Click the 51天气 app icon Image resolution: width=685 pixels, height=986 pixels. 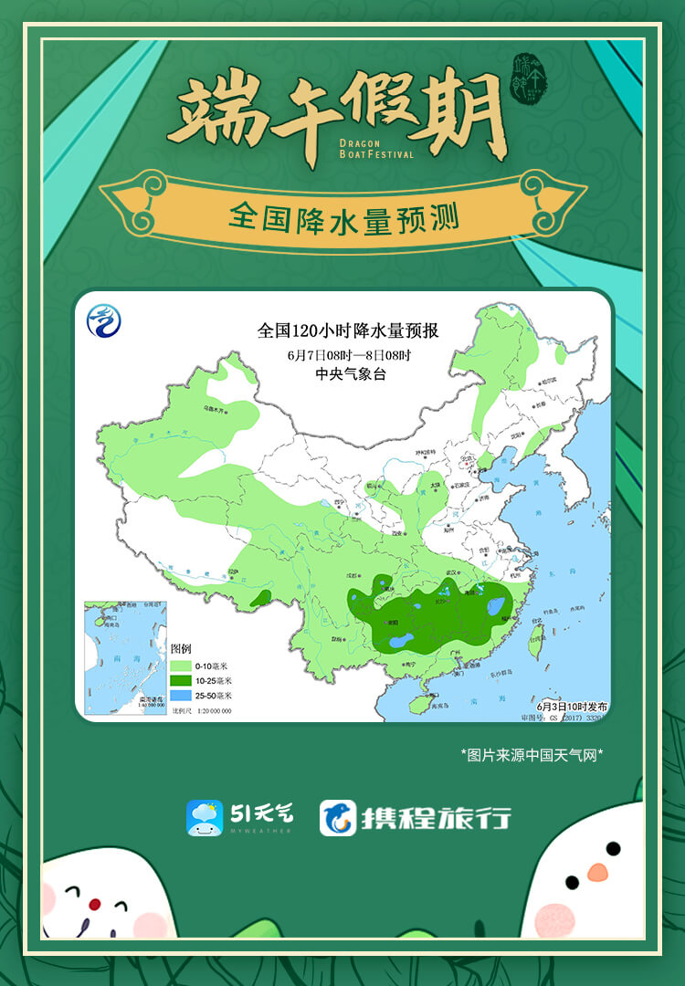click(x=205, y=817)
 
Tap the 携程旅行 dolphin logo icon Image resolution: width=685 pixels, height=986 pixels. click(x=337, y=817)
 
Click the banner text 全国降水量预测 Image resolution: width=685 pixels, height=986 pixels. click(x=342, y=216)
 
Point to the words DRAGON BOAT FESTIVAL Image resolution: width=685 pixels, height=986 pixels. click(x=375, y=149)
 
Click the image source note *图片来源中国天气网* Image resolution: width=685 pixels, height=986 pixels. click(x=532, y=754)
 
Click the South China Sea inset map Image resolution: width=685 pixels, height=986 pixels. click(x=124, y=656)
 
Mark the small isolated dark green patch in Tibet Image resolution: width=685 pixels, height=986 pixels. click(x=260, y=598)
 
